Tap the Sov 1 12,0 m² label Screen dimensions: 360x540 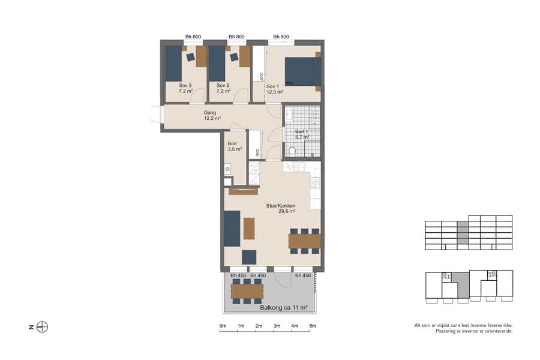275,89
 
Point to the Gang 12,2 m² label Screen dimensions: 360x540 210,115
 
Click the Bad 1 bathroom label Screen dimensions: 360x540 302,134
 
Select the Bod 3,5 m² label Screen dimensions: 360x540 234,146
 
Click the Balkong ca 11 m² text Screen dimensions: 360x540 283,307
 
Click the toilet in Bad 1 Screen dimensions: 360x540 292,151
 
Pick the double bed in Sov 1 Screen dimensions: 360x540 302,71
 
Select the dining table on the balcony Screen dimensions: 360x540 247,291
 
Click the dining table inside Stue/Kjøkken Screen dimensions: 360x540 304,241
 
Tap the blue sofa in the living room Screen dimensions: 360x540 232,228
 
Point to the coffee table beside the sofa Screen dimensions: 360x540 249,228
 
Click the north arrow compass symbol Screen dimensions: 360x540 42,327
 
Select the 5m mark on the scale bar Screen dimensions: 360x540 313,326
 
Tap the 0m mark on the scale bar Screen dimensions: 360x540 223,326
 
